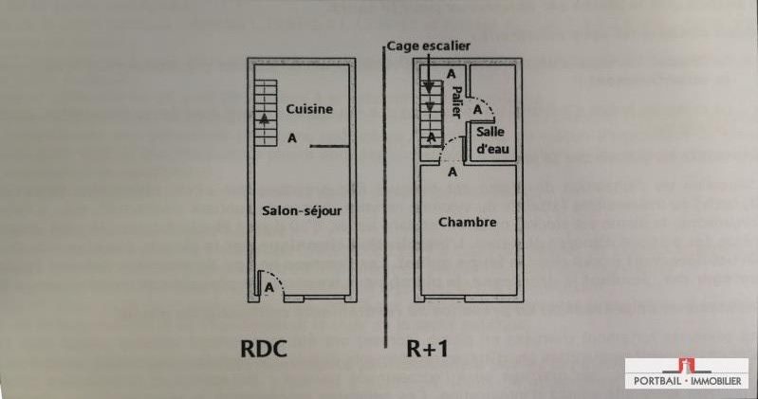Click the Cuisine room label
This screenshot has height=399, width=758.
309,109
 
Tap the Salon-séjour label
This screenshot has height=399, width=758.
302,210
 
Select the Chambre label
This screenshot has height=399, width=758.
467,222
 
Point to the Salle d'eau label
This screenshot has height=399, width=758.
492,140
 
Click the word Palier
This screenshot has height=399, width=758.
456,102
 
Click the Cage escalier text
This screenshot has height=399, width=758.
428,45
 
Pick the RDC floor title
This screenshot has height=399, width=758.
264,349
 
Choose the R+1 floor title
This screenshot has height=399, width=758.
427,349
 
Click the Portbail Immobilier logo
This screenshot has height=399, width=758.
687,373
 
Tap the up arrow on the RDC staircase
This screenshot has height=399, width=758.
264,118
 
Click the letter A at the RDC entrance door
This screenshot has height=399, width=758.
269,288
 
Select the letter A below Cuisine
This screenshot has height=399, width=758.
292,138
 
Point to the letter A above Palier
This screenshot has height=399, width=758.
451,74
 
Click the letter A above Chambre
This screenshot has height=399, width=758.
453,172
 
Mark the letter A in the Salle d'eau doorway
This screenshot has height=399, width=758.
477,110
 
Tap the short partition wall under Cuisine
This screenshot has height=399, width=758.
329,146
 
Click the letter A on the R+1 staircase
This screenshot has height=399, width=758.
432,138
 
